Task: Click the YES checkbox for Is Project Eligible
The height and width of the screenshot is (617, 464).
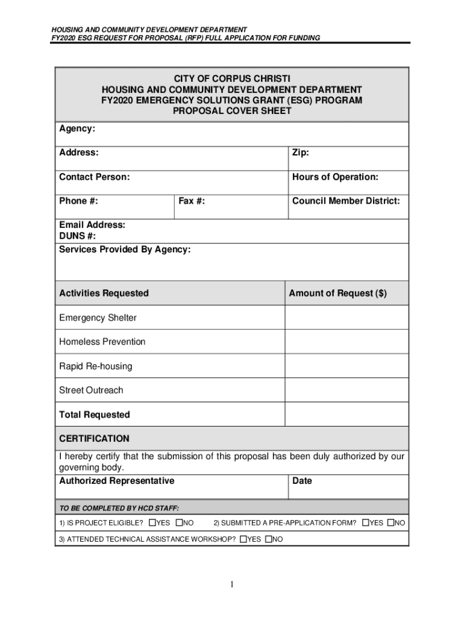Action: pyautogui.click(x=152, y=522)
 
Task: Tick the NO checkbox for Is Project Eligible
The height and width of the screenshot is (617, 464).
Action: pyautogui.click(x=179, y=522)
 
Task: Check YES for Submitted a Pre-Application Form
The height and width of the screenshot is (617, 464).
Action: pyautogui.click(x=365, y=522)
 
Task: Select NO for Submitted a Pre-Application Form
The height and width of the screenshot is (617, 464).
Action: pyautogui.click(x=390, y=522)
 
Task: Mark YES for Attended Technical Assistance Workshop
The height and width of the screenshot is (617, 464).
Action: pyautogui.click(x=243, y=539)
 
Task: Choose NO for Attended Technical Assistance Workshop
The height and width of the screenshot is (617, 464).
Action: pyautogui.click(x=268, y=539)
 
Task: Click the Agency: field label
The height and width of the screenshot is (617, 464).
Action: pyautogui.click(x=77, y=128)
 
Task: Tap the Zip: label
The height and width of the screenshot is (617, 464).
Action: pyautogui.click(x=301, y=153)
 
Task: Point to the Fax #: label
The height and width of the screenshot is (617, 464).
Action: pyautogui.click(x=192, y=201)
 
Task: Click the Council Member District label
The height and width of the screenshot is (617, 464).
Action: pyautogui.click(x=345, y=201)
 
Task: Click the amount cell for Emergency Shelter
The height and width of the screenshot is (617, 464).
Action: pyautogui.click(x=346, y=318)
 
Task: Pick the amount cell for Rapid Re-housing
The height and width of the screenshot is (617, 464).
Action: pyautogui.click(x=346, y=366)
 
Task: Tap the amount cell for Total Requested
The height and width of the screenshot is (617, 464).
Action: pyautogui.click(x=346, y=415)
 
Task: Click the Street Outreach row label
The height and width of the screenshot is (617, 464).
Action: pyautogui.click(x=91, y=390)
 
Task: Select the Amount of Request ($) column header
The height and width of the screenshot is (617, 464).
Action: pyautogui.click(x=337, y=293)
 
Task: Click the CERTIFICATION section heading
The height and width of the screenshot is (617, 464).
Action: pyautogui.click(x=94, y=439)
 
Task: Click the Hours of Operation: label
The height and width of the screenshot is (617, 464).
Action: pyautogui.click(x=335, y=177)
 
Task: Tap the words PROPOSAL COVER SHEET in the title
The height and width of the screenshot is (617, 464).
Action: pyautogui.click(x=232, y=111)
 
